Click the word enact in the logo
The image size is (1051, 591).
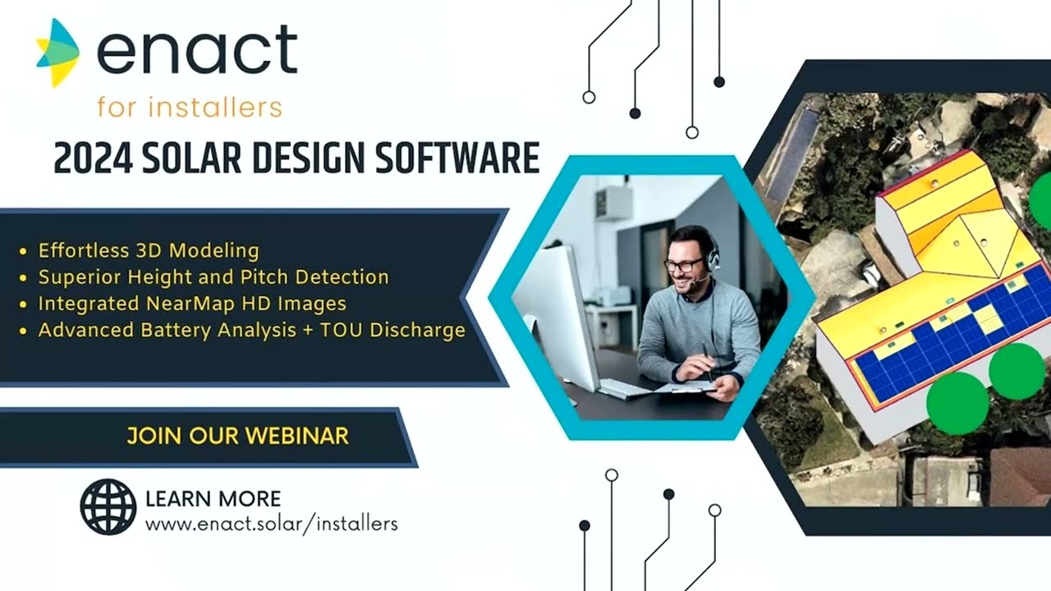(196, 50)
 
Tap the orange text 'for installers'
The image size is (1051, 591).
(189, 107)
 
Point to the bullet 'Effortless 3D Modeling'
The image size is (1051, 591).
(149, 250)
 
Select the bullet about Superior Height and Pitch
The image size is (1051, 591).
(213, 277)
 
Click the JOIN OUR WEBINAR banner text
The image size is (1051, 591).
(237, 435)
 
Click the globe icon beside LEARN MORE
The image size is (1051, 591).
(108, 506)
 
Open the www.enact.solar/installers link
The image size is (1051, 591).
(271, 524)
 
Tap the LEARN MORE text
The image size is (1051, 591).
(213, 498)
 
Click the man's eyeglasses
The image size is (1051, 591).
(684, 264)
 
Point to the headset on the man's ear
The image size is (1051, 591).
(713, 257)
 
